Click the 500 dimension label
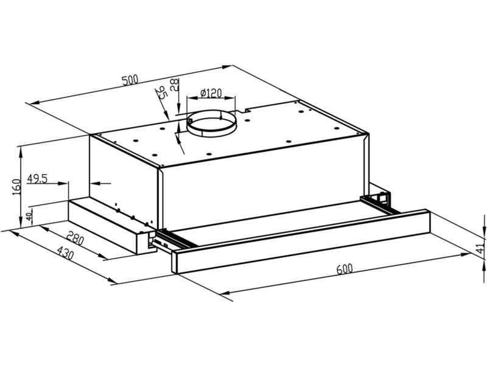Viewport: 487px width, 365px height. click(x=130, y=80)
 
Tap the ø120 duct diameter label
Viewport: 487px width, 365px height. click(x=211, y=92)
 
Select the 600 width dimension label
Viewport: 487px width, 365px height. click(x=345, y=268)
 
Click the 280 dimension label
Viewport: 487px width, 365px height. click(x=75, y=239)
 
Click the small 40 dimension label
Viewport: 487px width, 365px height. click(x=29, y=217)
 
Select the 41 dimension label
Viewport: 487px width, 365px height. click(x=480, y=248)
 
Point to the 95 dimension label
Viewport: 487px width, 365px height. click(x=161, y=93)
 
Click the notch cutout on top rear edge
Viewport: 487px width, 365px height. click(x=245, y=110)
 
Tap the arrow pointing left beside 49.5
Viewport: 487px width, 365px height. click(x=100, y=184)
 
